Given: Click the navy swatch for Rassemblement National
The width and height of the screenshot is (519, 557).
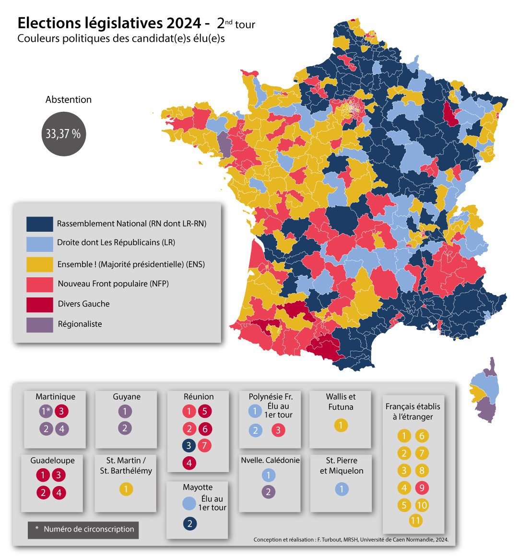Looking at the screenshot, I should (39, 224).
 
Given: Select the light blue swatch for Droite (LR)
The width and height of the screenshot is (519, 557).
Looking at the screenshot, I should (39, 243).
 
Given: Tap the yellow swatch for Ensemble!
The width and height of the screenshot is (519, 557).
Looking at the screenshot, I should (39, 264).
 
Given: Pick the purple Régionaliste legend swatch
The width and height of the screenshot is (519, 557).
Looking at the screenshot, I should (39, 324).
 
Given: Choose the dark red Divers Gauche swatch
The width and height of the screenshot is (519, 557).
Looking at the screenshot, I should (39, 304).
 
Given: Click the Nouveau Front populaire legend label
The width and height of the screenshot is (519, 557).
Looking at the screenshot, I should (113, 284).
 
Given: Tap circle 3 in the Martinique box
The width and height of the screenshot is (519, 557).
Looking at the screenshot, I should (61, 411).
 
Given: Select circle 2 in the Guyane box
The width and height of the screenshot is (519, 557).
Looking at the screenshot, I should (125, 428).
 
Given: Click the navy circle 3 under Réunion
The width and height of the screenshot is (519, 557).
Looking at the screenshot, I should (189, 446).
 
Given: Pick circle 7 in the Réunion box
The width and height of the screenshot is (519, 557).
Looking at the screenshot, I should (204, 446).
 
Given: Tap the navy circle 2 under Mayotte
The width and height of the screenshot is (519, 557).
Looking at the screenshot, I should (189, 523).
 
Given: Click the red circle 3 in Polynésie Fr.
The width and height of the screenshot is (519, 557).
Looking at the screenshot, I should (278, 430).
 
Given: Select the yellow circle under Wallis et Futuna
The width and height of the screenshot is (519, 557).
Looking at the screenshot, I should (341, 426).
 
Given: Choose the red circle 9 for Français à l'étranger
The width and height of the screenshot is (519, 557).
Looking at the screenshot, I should (422, 488).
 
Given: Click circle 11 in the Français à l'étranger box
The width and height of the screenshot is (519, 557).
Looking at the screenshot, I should (416, 521).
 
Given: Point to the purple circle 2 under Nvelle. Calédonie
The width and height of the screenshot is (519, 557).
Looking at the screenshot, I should (269, 492).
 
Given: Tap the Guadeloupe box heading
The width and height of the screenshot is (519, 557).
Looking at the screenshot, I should (52, 461).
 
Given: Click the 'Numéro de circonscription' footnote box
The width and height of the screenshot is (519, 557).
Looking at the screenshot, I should (83, 530).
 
